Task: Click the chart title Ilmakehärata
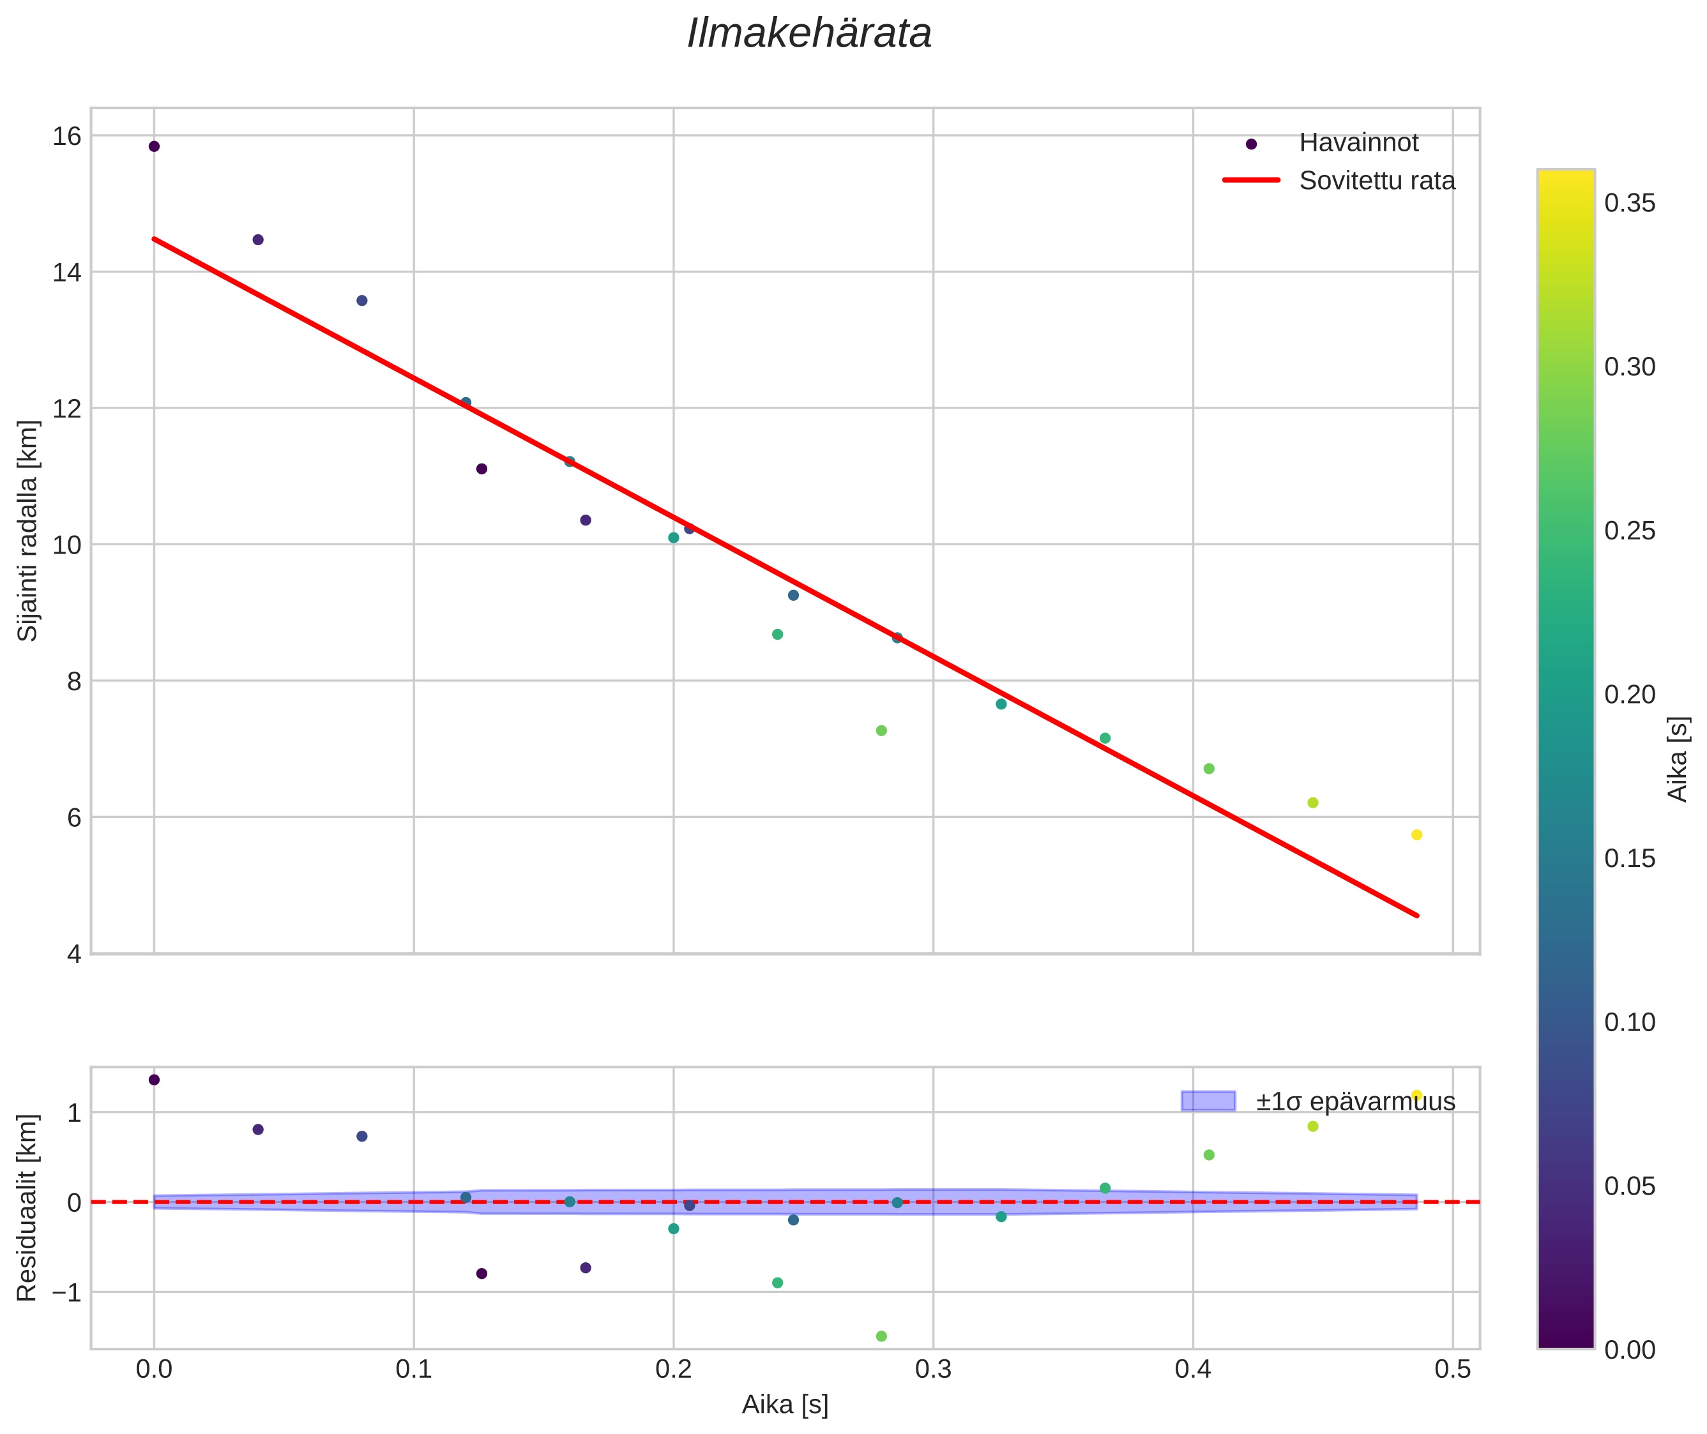click(809, 34)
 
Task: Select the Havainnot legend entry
click(1358, 143)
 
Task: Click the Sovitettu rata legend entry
click(1377, 181)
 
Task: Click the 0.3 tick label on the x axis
click(933, 1370)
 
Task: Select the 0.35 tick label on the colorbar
click(1629, 203)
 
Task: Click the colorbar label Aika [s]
click(1677, 759)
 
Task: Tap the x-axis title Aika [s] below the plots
click(785, 1405)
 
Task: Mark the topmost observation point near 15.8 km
click(155, 146)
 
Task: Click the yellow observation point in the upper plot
click(1416, 835)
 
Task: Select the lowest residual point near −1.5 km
click(881, 1336)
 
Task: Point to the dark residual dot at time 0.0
click(155, 1080)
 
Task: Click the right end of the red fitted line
click(1416, 916)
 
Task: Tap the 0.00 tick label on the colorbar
click(1629, 1350)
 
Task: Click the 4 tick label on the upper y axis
click(74, 955)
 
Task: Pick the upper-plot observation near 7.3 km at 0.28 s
click(881, 731)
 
